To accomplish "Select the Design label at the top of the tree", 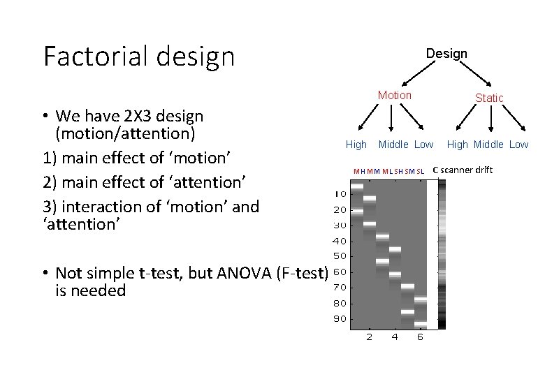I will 446,53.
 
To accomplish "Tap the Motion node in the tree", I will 395,95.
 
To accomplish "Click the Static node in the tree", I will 489,98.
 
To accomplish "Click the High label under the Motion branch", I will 356,145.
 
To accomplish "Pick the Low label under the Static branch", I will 518,145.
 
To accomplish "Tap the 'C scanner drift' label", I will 463,170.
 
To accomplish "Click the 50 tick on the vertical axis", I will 340,256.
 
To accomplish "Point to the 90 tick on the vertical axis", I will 340,319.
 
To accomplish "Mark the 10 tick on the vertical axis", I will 340,193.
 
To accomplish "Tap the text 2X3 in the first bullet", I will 120,115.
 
